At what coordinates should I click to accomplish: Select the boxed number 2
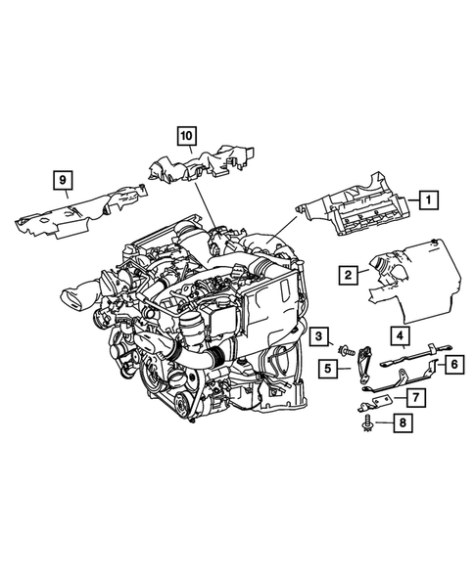[348, 276]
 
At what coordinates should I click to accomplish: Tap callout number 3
[319, 337]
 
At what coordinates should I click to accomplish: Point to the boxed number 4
[402, 337]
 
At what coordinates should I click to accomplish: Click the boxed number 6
[453, 365]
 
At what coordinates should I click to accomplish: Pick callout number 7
[415, 397]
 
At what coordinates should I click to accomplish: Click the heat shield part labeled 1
[357, 211]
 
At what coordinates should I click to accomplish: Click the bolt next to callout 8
[366, 423]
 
